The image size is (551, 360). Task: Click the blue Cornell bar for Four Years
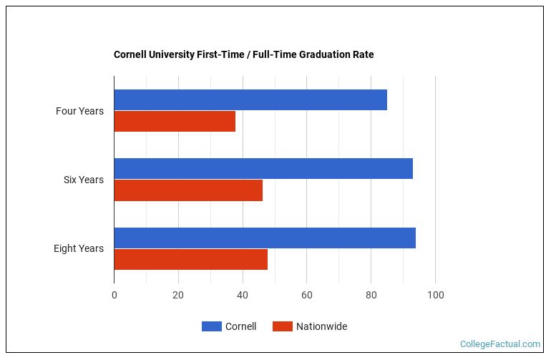[x=250, y=100]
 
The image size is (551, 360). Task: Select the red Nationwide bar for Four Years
[x=175, y=122]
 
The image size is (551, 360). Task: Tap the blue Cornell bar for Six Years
[x=263, y=169]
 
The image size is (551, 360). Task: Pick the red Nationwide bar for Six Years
[x=188, y=190]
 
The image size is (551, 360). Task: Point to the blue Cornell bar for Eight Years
[x=265, y=238]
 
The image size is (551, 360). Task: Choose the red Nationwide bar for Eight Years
[x=190, y=259]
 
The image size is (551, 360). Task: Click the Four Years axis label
[x=79, y=111]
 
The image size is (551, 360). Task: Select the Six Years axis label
[x=83, y=180]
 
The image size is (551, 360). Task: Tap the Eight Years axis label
[x=78, y=248]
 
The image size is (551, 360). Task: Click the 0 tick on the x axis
[x=114, y=295]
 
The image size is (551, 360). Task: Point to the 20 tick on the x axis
[x=178, y=295]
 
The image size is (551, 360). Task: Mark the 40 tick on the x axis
[x=243, y=295]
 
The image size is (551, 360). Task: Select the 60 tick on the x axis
[x=306, y=295]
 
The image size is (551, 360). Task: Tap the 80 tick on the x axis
[x=371, y=295]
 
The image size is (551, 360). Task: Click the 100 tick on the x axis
[x=435, y=295]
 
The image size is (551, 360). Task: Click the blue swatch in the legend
[x=211, y=326]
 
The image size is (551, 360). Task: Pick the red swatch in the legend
[x=283, y=326]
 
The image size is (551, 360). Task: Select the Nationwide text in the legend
[x=322, y=326]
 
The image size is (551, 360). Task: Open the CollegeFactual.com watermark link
[x=499, y=344]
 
